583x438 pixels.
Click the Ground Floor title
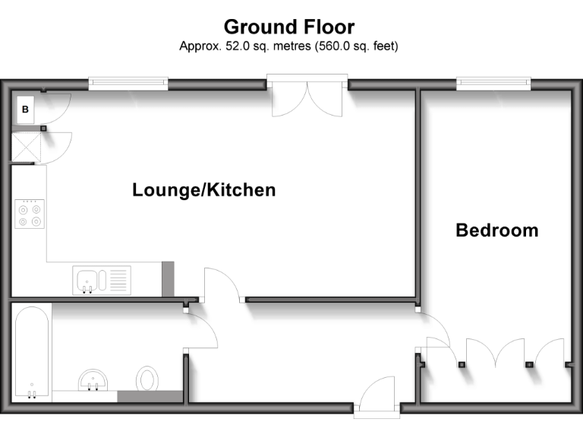pyautogui.click(x=288, y=27)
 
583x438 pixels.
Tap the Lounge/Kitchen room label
pyautogui.click(x=203, y=189)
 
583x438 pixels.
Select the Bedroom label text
pyautogui.click(x=496, y=230)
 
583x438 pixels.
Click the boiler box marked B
pyautogui.click(x=25, y=109)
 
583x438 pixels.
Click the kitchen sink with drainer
pyautogui.click(x=102, y=279)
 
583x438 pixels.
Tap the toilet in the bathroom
pyautogui.click(x=147, y=378)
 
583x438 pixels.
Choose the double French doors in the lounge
pyautogui.click(x=309, y=97)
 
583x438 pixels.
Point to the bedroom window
pyautogui.click(x=493, y=82)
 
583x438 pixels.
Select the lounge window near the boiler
pyautogui.click(x=127, y=82)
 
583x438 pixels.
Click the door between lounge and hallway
pyautogui.click(x=222, y=285)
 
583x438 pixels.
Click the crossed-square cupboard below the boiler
pyautogui.click(x=25, y=147)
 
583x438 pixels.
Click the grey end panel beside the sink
pyautogui.click(x=168, y=278)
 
